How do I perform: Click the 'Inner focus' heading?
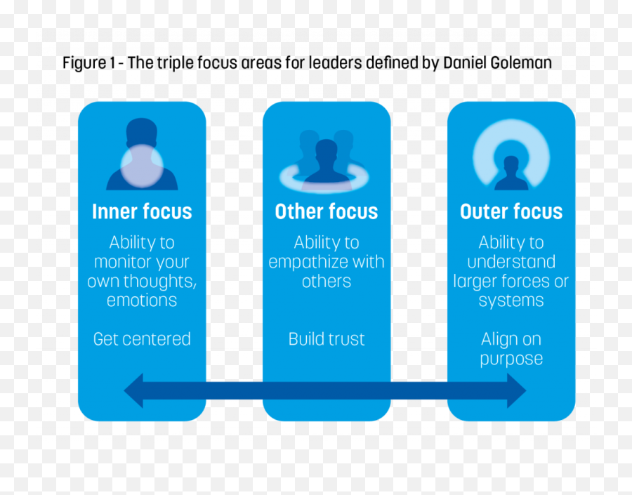pos(142,211)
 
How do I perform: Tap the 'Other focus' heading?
pos(327,211)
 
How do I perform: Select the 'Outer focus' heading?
pos(511,211)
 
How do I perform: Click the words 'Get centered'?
pos(142,339)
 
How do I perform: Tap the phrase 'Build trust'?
pos(327,339)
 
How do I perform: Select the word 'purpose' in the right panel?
pos(511,359)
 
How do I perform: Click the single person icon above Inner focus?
pos(142,155)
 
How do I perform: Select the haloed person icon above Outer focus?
pos(511,156)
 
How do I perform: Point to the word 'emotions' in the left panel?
pos(142,301)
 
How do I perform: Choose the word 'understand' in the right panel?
pos(511,262)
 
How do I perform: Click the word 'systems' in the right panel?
pos(511,301)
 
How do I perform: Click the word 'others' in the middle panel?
pos(327,282)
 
